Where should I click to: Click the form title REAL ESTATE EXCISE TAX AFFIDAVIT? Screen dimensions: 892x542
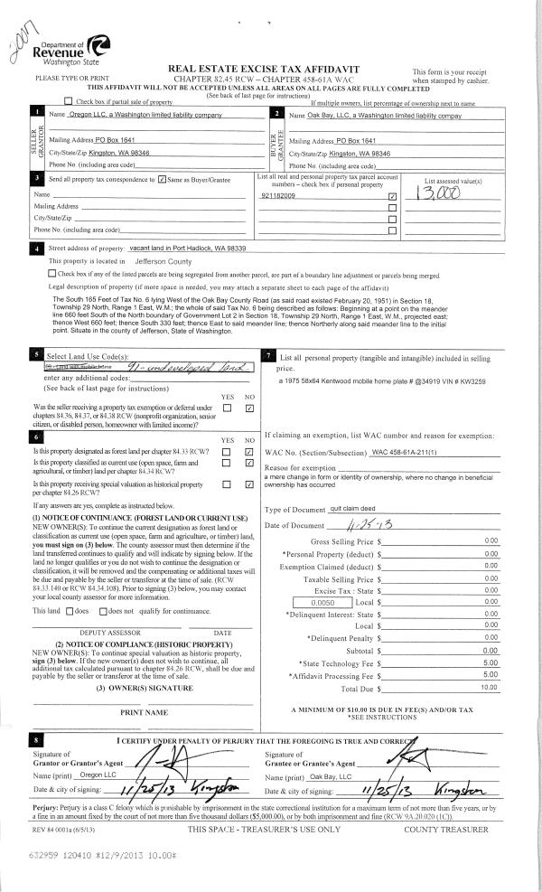click(271, 69)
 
